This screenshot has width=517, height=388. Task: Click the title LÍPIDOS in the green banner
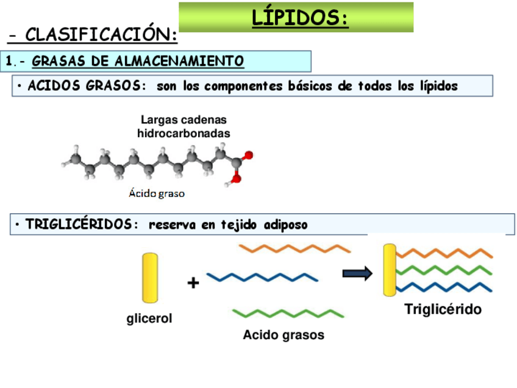click(x=300, y=18)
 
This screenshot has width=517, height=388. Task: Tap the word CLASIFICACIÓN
click(x=101, y=35)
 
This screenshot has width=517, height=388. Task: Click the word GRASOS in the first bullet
click(x=116, y=86)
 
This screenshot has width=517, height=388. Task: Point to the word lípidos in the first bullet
click(x=438, y=86)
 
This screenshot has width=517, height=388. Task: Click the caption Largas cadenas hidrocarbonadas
click(x=184, y=126)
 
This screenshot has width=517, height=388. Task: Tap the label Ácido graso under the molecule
click(x=156, y=194)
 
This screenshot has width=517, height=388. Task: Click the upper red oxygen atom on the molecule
click(x=248, y=156)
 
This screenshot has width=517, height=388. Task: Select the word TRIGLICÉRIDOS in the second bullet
click(x=78, y=225)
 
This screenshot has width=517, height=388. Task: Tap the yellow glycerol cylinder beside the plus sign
click(x=150, y=278)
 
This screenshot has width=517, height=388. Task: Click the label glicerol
click(x=149, y=318)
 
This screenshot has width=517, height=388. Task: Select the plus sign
click(x=193, y=282)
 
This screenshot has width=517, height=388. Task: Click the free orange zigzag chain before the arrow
click(x=294, y=248)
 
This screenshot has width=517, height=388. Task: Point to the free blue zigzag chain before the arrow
click(x=262, y=278)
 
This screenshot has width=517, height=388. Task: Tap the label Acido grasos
click(x=283, y=335)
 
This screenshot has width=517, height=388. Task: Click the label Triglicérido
click(x=443, y=309)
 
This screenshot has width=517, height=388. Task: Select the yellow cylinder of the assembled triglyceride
click(x=389, y=270)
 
